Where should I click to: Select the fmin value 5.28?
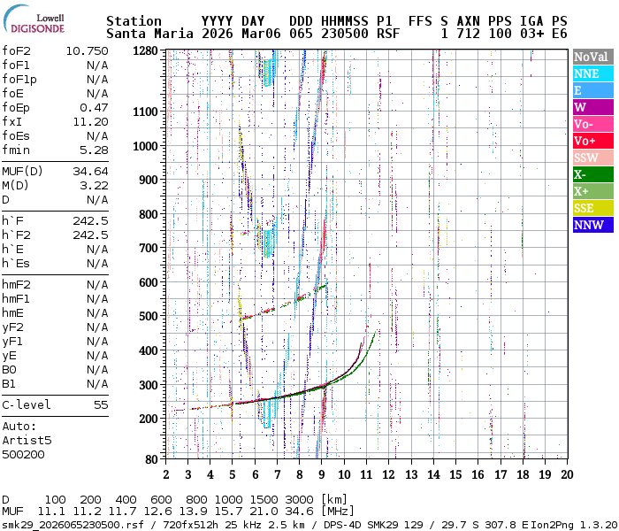pyautogui.click(x=94, y=150)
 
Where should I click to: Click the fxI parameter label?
pyautogui.click(x=12, y=121)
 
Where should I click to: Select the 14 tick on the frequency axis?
pyautogui.click(x=433, y=474)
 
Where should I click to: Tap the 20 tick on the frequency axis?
pyautogui.click(x=567, y=474)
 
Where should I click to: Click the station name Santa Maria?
pyautogui.click(x=141, y=34)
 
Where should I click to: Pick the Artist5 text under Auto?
pyautogui.click(x=27, y=440)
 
